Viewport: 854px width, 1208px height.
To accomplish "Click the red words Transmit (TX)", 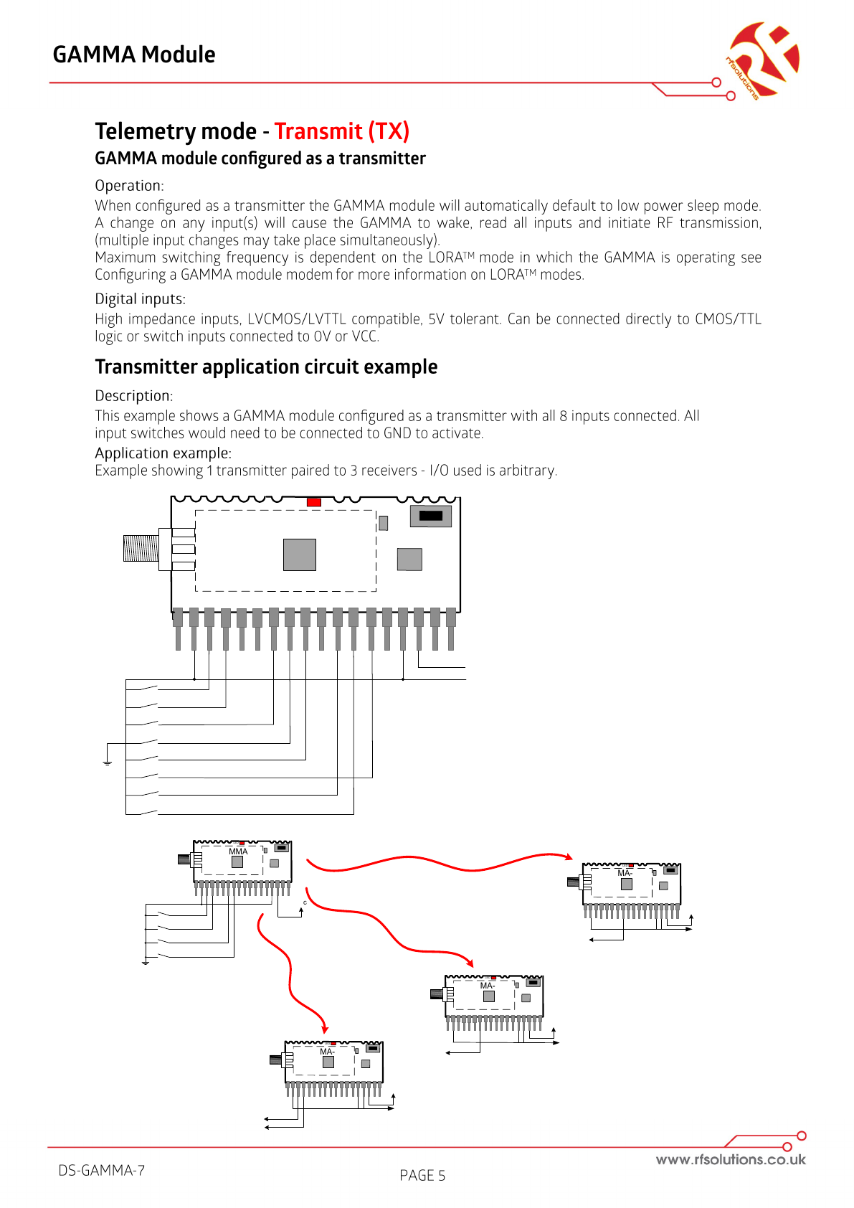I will [341, 131].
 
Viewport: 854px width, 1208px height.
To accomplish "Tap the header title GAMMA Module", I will [134, 55].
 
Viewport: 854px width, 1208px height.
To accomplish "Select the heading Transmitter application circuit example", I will [266, 367].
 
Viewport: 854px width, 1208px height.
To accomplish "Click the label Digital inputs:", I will [140, 299].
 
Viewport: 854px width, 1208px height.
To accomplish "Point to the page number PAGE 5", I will [422, 1175].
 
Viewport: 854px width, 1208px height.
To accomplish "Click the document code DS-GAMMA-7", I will [102, 1170].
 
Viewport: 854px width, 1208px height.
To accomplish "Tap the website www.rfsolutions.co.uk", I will [730, 1159].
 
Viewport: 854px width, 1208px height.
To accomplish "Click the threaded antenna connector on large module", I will [141, 549].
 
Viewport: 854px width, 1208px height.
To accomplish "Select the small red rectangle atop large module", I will [313, 502].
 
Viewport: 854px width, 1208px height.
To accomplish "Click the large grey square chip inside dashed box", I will [300, 555].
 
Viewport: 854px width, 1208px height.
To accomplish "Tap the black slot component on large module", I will [430, 516].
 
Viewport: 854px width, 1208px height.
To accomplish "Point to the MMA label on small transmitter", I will [238, 851].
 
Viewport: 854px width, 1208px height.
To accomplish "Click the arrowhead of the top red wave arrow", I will [569, 857].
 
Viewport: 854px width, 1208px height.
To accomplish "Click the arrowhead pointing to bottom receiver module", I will [324, 1029].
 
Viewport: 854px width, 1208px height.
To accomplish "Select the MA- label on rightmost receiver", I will [625, 873].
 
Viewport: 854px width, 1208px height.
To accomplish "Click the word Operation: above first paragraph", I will [129, 186].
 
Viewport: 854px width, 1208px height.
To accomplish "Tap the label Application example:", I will [163, 453].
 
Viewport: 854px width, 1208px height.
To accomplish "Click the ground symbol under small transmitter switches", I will [145, 961].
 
